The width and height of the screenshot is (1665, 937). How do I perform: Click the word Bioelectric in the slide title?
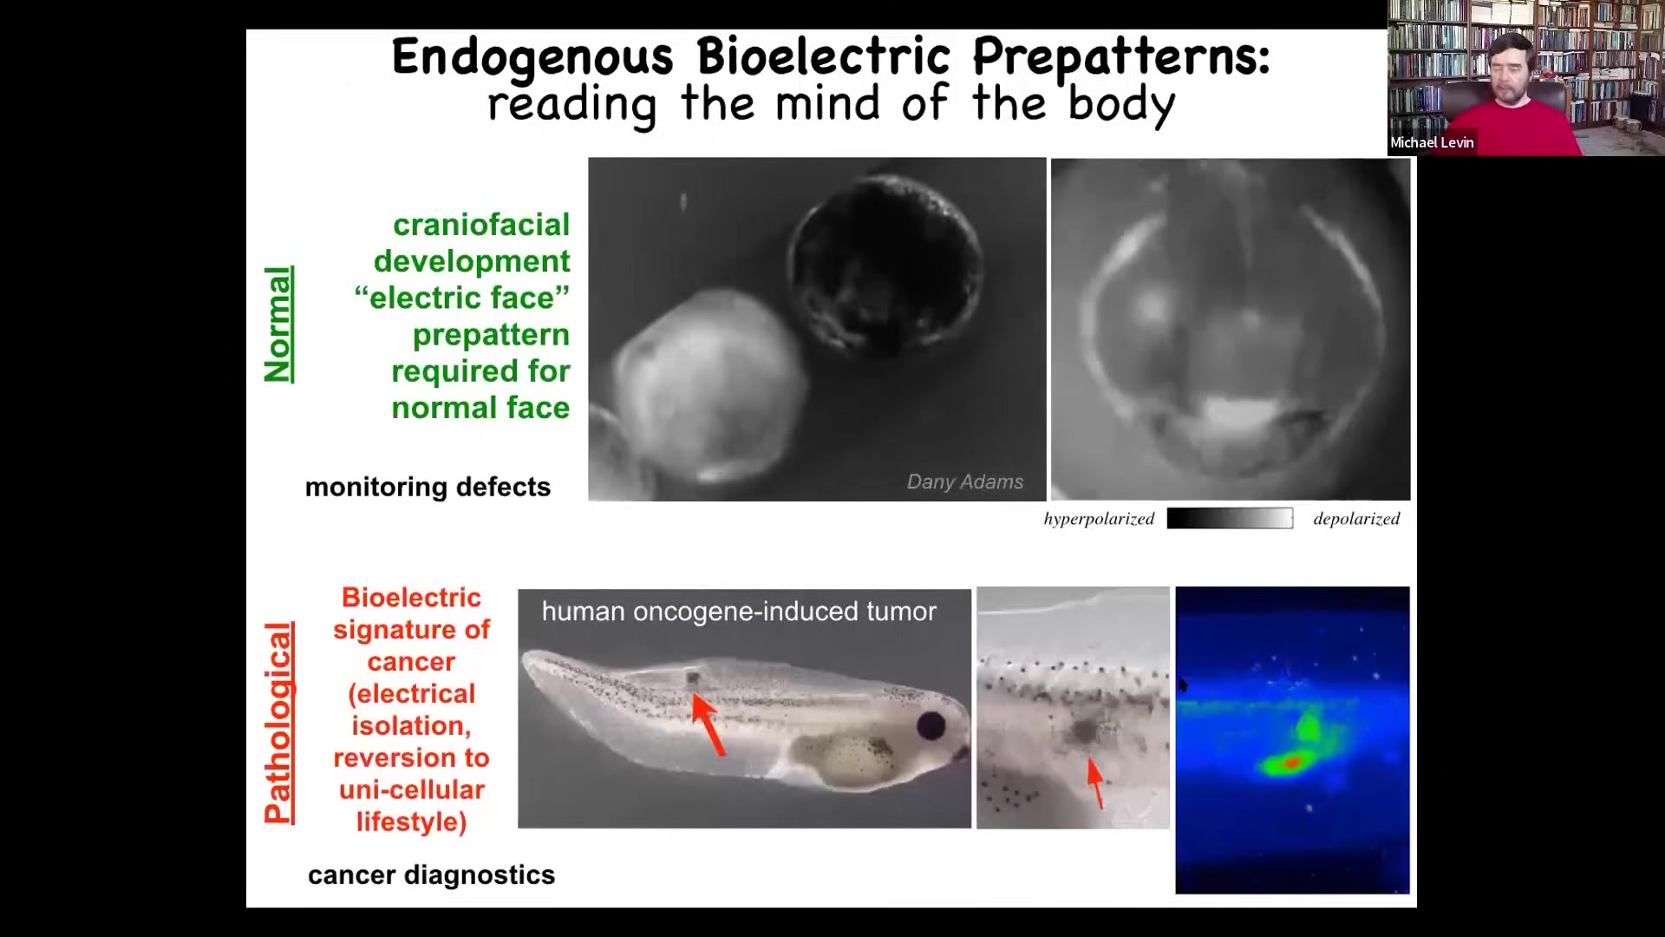(x=824, y=57)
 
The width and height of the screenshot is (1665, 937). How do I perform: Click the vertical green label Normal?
(x=278, y=324)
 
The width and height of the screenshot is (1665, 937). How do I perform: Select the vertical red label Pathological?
(x=278, y=723)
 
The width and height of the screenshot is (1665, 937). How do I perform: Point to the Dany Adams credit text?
(x=965, y=482)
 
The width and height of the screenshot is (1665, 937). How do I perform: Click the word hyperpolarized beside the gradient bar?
(x=1099, y=519)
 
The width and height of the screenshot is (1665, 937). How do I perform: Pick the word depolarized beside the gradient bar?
(x=1356, y=519)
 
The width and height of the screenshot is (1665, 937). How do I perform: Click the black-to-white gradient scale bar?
(x=1230, y=519)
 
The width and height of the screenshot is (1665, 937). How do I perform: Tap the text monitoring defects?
(x=428, y=487)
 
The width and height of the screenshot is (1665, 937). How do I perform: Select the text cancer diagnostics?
(x=431, y=875)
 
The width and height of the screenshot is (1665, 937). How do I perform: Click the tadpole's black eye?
(x=931, y=725)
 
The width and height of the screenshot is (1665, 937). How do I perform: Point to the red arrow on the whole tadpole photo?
(x=708, y=724)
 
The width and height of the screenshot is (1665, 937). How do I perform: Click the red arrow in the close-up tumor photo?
(x=1095, y=783)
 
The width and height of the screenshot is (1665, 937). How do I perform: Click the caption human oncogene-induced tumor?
(x=739, y=612)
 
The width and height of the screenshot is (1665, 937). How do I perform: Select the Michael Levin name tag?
(x=1432, y=142)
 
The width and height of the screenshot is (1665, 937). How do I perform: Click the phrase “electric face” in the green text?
(x=461, y=298)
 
